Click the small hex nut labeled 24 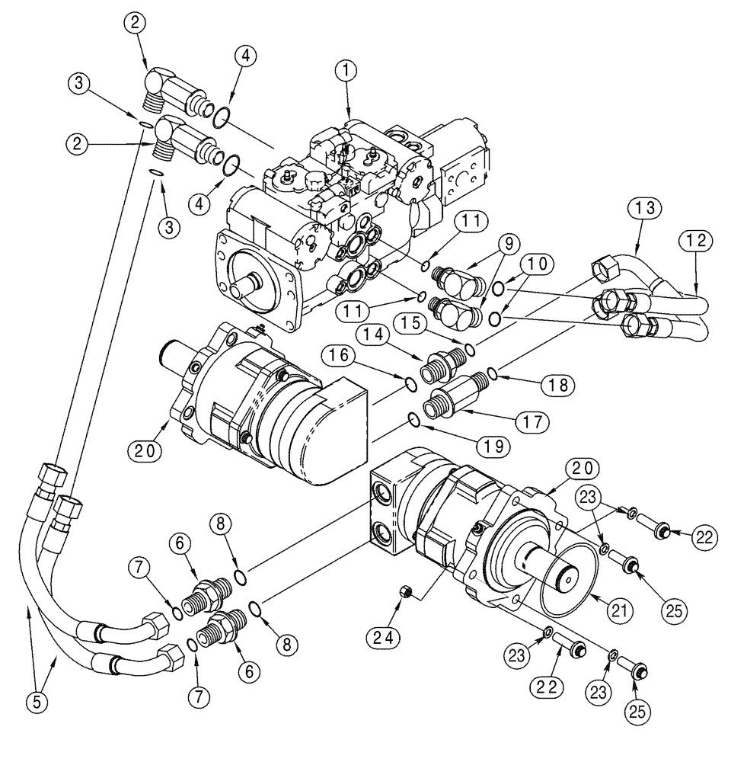[407, 592]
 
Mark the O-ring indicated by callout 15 [469, 349]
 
